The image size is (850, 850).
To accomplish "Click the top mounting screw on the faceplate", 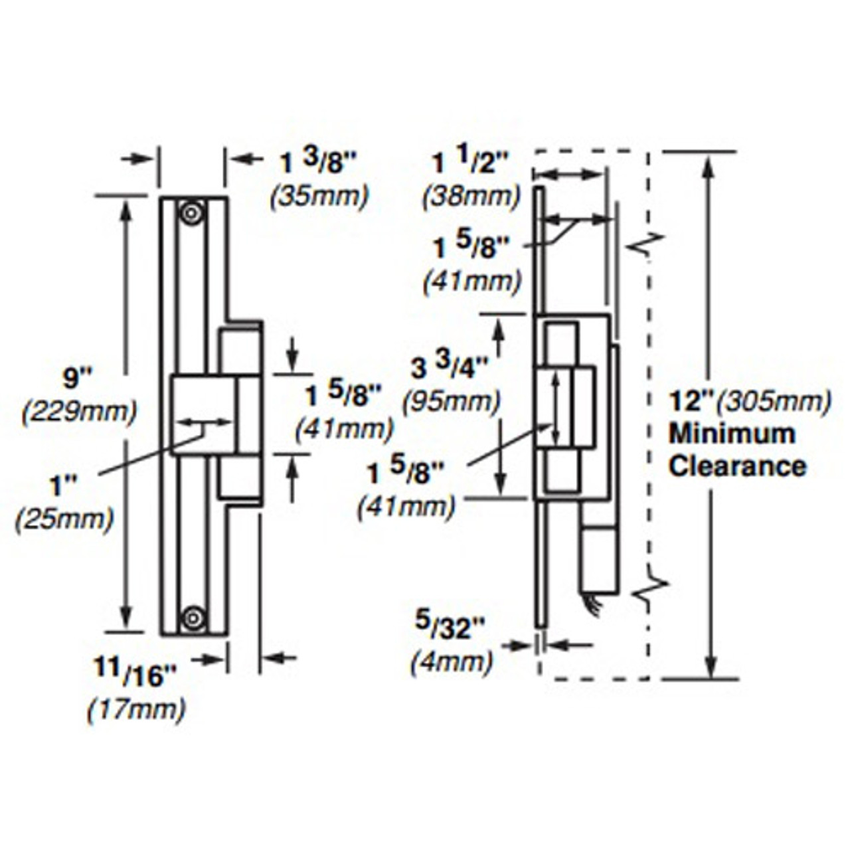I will (193, 214).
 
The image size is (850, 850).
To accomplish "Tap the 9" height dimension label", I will (74, 379).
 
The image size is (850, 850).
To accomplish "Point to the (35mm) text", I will (319, 197).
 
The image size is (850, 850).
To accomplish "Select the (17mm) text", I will (137, 710).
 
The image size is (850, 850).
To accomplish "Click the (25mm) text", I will (64, 519).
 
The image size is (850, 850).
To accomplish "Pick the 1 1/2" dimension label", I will (471, 163).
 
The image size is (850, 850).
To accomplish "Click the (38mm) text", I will (471, 197).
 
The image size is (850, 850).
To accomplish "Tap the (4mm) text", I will (452, 662).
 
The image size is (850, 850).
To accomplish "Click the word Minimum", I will (732, 434).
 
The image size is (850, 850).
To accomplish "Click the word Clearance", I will (737, 466).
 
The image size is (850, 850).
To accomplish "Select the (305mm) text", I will (775, 401).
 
